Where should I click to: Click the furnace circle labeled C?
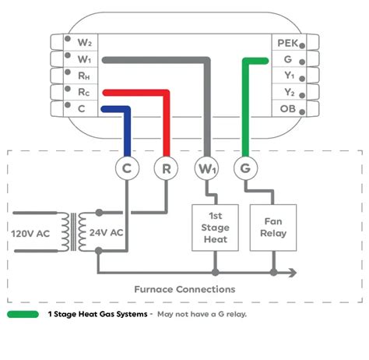tap(128, 167)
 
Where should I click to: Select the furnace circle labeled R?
tap(166, 167)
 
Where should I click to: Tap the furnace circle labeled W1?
tap(206, 167)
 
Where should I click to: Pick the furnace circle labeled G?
tap(244, 167)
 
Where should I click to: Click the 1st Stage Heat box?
tap(215, 228)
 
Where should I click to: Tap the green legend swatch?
tap(23, 315)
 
